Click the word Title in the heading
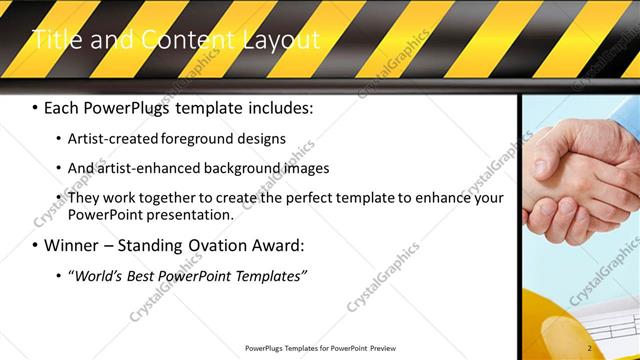[55, 40]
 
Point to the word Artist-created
[109, 138]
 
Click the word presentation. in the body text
[191, 214]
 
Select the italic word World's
[102, 274]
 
